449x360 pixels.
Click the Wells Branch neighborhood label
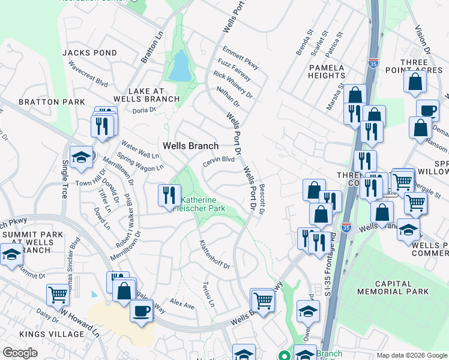click(x=190, y=146)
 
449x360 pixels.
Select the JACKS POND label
click(x=89, y=53)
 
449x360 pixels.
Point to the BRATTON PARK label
click(x=52, y=102)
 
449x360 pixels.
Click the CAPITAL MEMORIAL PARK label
click(x=393, y=287)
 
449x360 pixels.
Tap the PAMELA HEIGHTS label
click(x=327, y=71)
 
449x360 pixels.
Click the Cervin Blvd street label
click(x=218, y=161)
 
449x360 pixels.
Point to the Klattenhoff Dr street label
click(x=214, y=254)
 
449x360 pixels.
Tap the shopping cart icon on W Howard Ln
click(x=58, y=295)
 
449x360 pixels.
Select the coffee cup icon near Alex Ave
click(x=141, y=311)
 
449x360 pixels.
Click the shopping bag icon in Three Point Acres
click(x=415, y=82)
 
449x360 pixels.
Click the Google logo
click(x=20, y=353)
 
